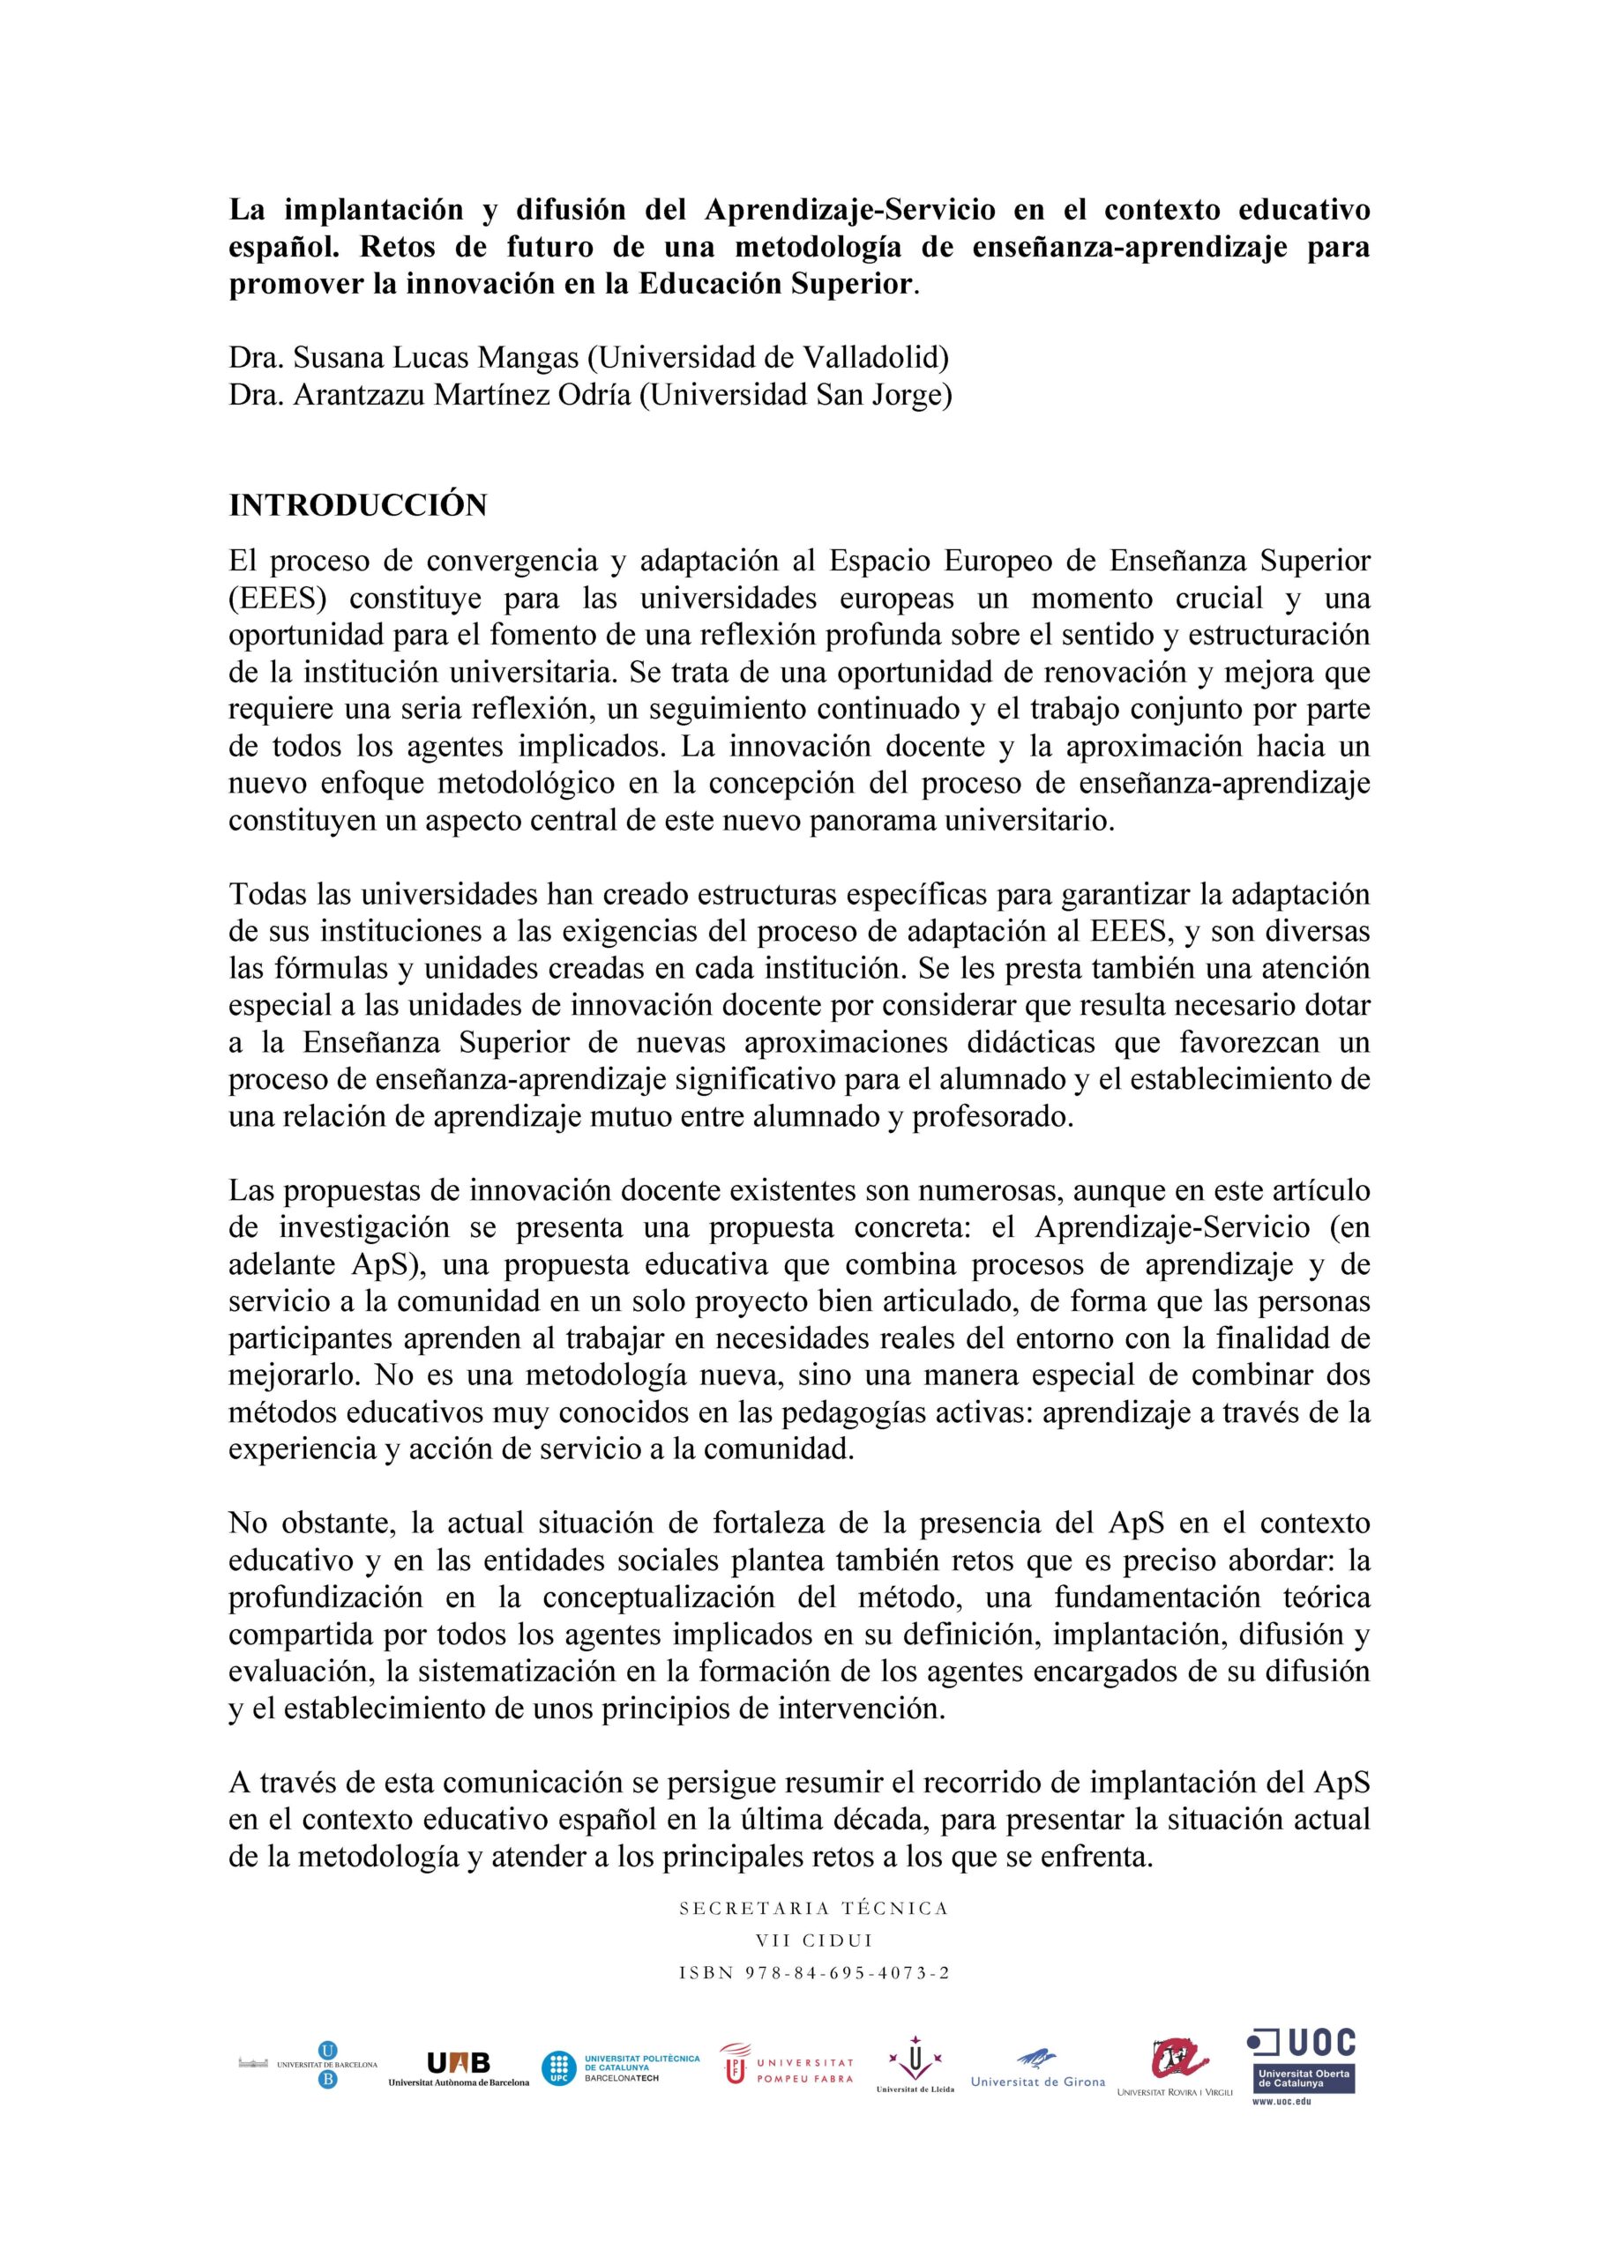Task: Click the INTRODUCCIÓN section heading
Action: coord(357,505)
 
